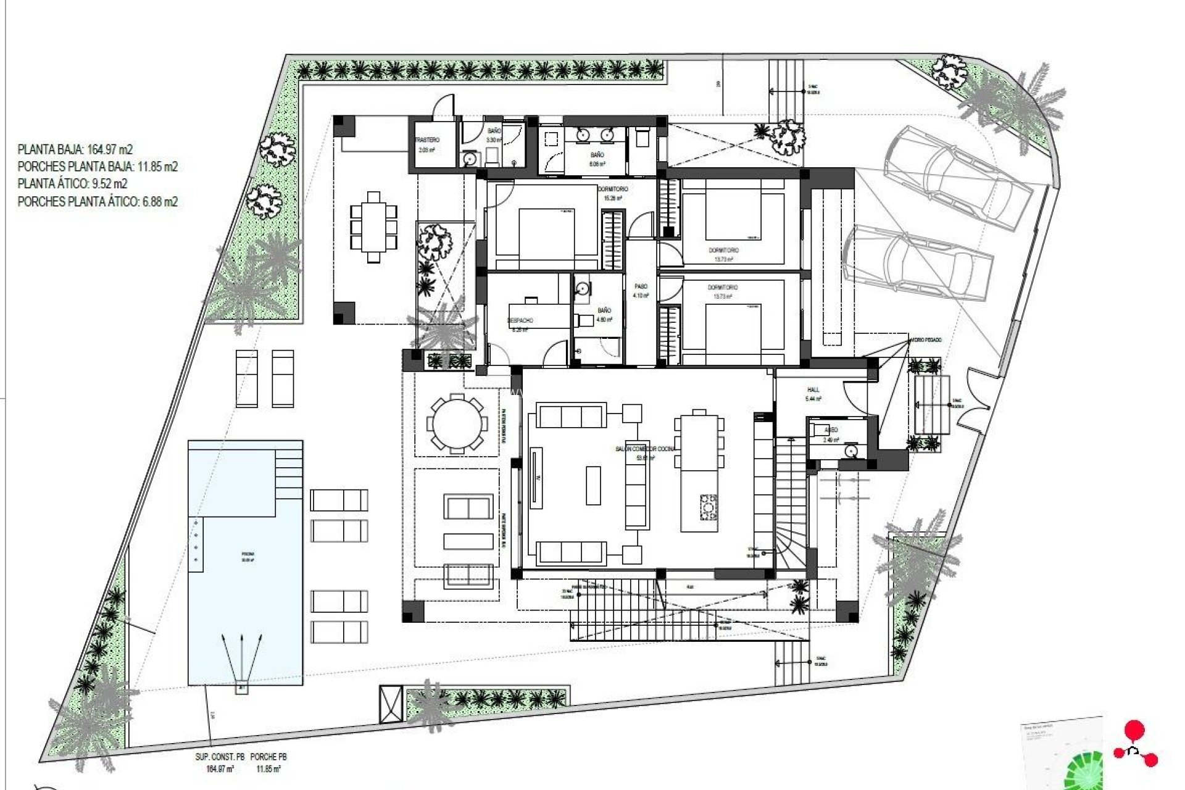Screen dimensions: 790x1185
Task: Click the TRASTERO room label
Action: (427, 141)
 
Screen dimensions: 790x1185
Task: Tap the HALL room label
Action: (813, 390)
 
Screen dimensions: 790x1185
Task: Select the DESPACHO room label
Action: (520, 320)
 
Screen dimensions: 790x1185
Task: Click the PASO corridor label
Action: (641, 287)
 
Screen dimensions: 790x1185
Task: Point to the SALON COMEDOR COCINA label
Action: (645, 449)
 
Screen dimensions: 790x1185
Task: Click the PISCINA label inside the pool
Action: (247, 555)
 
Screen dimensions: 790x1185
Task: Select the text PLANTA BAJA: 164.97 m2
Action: (75, 149)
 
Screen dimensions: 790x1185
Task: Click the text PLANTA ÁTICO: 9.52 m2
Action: (73, 184)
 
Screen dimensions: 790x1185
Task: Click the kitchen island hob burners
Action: (708, 507)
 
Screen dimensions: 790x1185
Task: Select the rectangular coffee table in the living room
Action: (593, 486)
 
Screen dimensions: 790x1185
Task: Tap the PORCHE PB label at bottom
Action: (268, 757)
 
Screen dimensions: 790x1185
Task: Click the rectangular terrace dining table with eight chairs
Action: (373, 227)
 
